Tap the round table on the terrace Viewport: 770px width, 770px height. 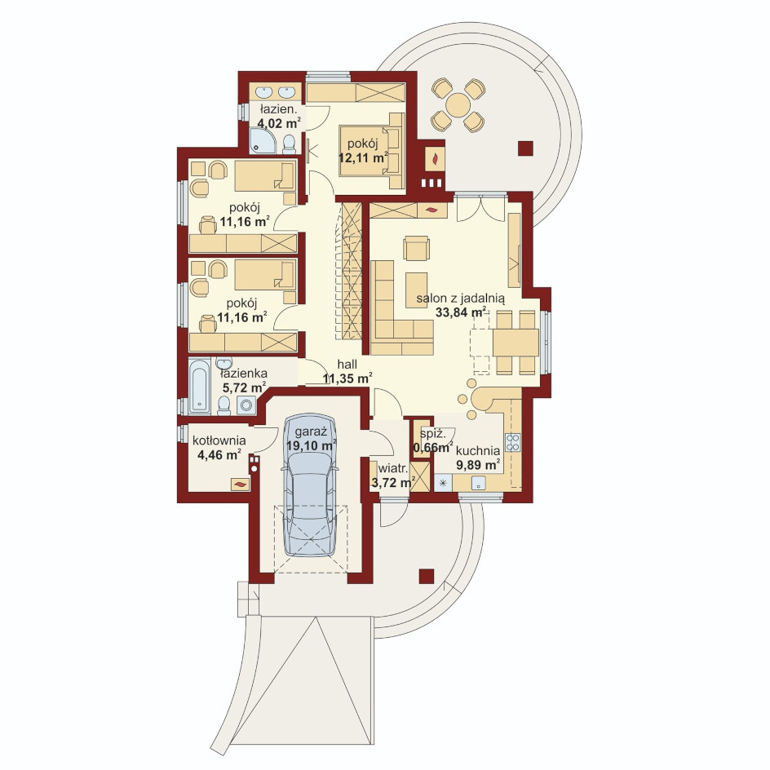[x=458, y=105]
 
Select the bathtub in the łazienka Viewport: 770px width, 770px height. [x=199, y=386]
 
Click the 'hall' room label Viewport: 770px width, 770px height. [x=347, y=365]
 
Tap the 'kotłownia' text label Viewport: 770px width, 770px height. [x=219, y=440]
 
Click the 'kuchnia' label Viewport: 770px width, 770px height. [x=478, y=450]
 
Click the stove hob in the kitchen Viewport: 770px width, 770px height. [x=513, y=442]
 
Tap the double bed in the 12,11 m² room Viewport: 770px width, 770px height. [x=372, y=150]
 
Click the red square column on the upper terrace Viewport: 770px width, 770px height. [x=525, y=148]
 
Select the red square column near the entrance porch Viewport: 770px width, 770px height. [x=427, y=576]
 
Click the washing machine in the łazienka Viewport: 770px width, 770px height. [x=246, y=405]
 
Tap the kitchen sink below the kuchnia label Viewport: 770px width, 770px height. [x=479, y=483]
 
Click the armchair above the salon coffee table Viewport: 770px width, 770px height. [x=417, y=248]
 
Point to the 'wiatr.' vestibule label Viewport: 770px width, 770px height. [x=393, y=468]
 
